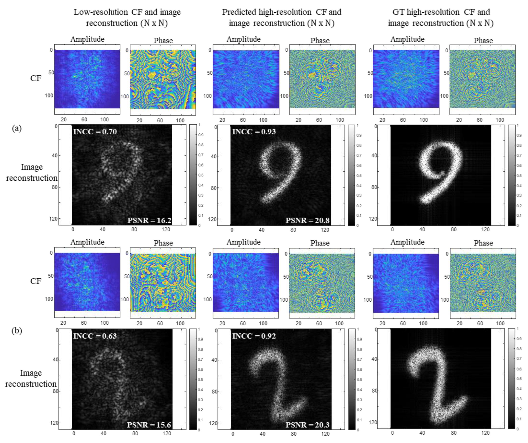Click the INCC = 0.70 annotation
95,132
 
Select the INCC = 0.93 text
254,132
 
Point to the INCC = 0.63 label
95,336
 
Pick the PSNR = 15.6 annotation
149,425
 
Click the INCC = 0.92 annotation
254,336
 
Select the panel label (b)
17,330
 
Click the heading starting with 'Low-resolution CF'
127,17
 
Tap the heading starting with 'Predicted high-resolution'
282,17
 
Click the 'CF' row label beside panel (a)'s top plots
36,78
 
